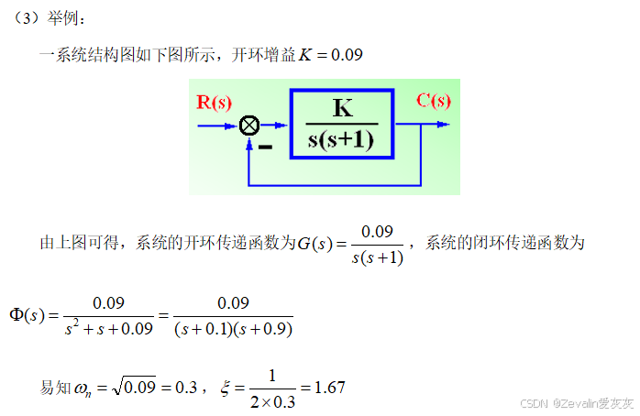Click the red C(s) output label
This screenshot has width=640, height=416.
click(433, 100)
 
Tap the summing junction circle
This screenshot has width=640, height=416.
click(248, 126)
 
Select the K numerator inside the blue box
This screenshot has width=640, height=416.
click(342, 108)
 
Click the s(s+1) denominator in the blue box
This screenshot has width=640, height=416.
click(342, 141)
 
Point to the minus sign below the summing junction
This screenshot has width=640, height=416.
click(265, 145)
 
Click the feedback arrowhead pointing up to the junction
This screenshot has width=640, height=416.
click(248, 140)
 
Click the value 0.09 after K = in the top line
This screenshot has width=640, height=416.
click(346, 55)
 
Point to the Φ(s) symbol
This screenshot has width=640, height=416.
click(27, 314)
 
